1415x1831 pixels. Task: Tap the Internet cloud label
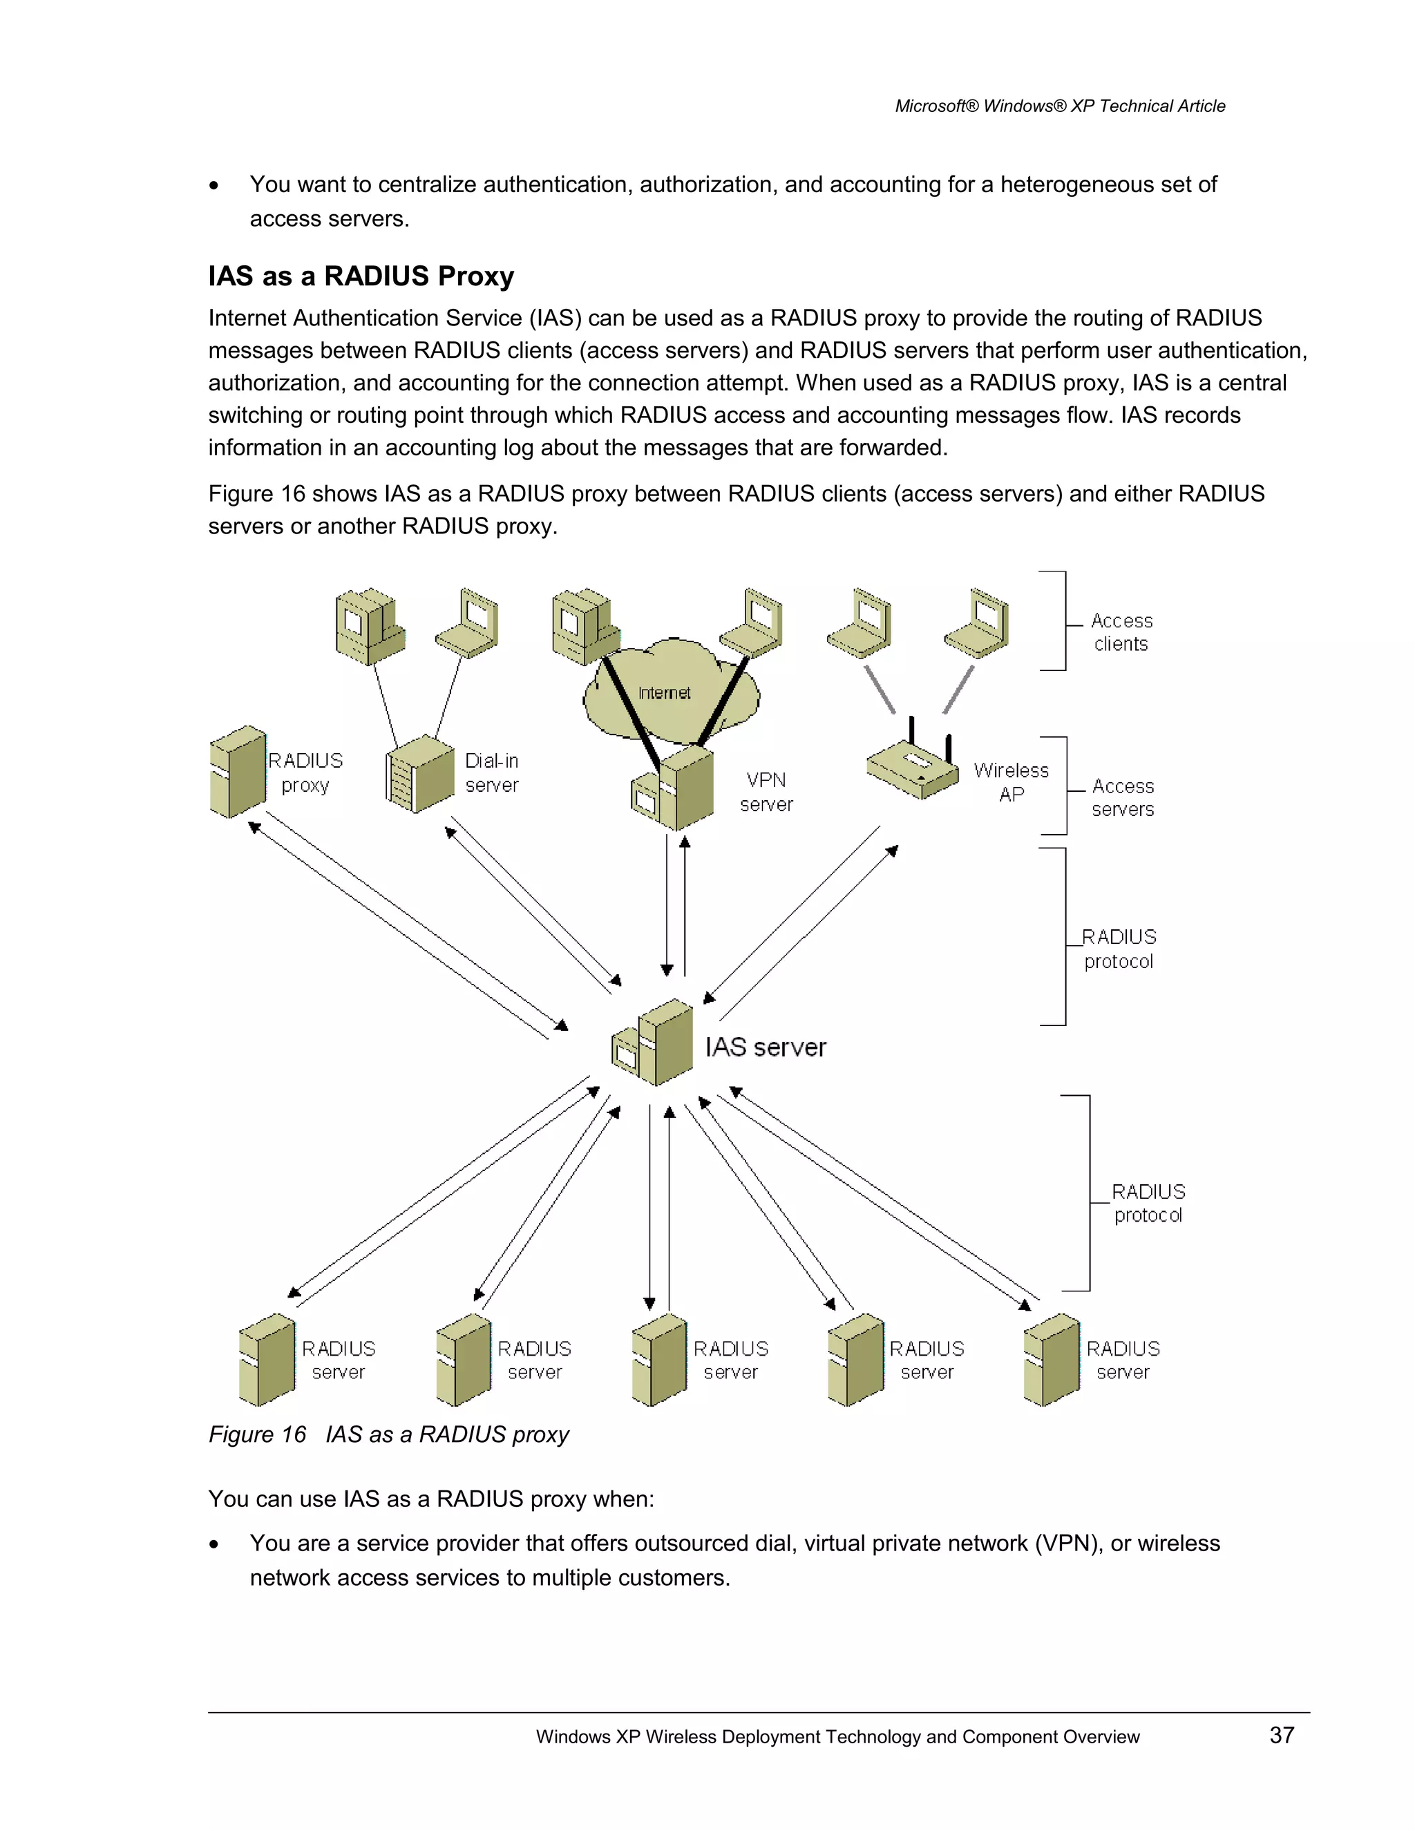(664, 693)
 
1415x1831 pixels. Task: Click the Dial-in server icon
(421, 774)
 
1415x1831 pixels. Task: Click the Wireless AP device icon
(913, 767)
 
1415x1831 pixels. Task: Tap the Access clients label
(1121, 632)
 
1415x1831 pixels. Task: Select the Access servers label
(1123, 797)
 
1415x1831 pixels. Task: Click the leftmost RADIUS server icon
(267, 1360)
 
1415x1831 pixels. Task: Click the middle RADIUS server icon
(660, 1360)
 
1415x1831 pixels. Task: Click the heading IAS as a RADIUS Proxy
(361, 276)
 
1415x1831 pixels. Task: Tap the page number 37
(1282, 1734)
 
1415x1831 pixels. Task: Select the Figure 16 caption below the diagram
(388, 1434)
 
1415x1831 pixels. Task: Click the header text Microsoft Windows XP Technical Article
(1060, 106)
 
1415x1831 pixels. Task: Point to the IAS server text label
(766, 1047)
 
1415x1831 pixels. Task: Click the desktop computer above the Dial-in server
(369, 625)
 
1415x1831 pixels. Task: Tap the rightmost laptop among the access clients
(978, 624)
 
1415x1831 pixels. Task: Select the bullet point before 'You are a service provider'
(215, 1544)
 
